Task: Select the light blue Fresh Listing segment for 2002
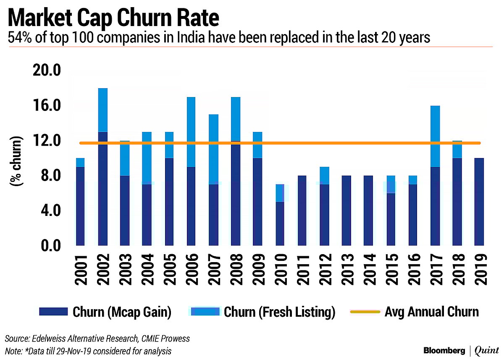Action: click(102, 110)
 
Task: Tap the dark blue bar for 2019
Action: click(479, 202)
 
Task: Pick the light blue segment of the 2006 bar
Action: click(192, 132)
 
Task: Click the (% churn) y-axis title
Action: click(16, 162)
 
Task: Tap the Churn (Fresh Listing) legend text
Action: click(279, 312)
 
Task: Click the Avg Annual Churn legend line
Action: click(365, 312)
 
